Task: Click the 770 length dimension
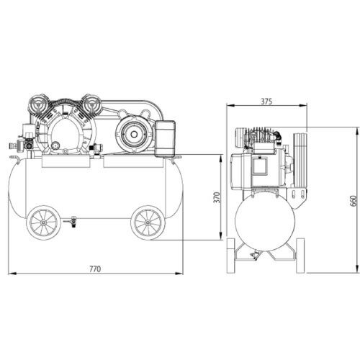coord(95,269)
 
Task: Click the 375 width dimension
coord(266,102)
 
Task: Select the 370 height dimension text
coord(217,197)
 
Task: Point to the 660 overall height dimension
coord(354,201)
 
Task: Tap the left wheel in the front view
coord(43,222)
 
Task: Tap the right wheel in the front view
coord(148,222)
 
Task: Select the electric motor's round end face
coord(134,134)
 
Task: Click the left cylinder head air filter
coord(38,104)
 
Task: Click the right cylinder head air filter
coord(91,104)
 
